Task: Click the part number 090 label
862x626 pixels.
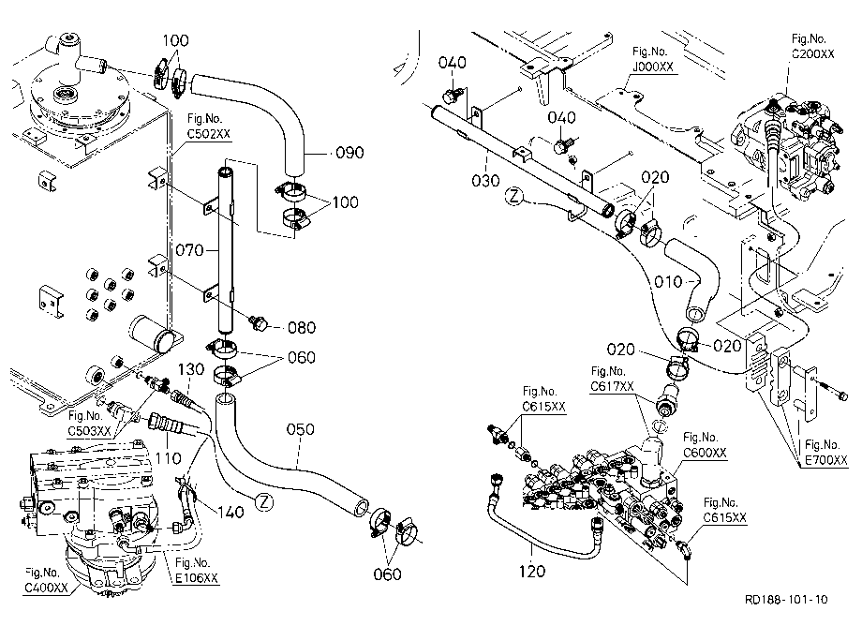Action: coord(349,153)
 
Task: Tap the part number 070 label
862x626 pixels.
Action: coord(189,250)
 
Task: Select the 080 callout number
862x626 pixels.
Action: coord(302,328)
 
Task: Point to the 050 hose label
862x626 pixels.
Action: coord(300,428)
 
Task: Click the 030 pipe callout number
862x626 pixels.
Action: coord(486,180)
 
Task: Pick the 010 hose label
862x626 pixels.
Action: coord(668,282)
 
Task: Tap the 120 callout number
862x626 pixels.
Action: coord(532,572)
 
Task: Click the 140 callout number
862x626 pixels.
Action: coord(230,513)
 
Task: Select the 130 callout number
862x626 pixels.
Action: coord(191,369)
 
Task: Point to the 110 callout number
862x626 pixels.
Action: coord(168,458)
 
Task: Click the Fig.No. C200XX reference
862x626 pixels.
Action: coord(812,46)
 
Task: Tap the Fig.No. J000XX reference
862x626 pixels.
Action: coord(653,59)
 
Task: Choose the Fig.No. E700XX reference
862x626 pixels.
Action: coord(825,453)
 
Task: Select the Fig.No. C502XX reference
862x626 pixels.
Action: coord(208,126)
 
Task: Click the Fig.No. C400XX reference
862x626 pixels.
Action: coord(46,580)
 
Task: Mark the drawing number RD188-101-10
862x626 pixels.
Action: coord(786,599)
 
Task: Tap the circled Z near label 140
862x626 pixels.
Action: coord(265,501)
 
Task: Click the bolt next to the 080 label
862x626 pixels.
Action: coord(258,322)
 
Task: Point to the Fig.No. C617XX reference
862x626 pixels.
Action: coord(612,380)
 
